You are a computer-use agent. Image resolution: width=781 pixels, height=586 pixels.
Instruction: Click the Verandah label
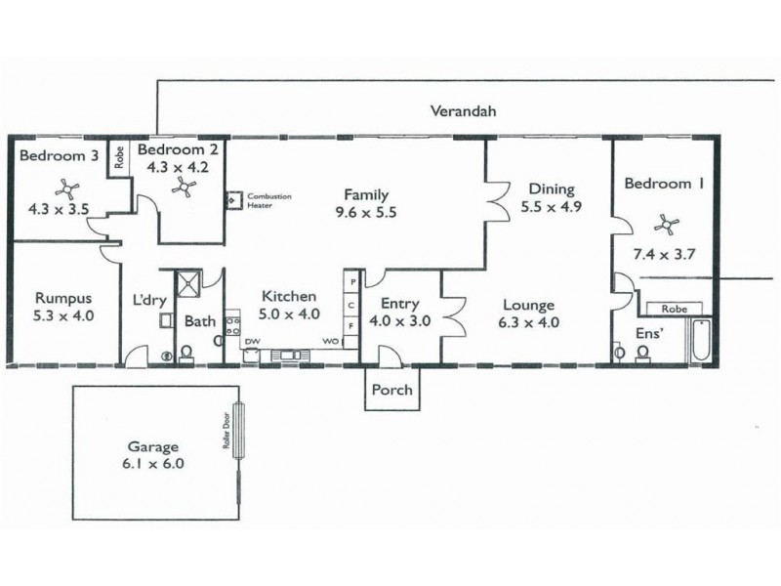(464, 111)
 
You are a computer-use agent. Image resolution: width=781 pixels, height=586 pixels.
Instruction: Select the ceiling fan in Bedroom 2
(182, 189)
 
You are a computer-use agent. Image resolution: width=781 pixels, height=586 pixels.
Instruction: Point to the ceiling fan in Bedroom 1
(669, 225)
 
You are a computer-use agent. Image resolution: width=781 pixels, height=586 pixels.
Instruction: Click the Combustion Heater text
(268, 200)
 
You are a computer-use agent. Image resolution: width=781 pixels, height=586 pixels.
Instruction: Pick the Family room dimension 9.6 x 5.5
(366, 212)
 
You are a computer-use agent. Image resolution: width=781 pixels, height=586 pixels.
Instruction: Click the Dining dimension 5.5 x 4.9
(552, 207)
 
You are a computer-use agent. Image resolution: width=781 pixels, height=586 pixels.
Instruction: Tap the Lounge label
(529, 305)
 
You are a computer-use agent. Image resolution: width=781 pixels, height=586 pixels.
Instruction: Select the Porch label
(393, 391)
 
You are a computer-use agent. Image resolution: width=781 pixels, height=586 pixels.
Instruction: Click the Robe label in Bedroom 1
(674, 308)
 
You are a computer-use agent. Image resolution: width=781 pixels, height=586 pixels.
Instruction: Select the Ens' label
(647, 333)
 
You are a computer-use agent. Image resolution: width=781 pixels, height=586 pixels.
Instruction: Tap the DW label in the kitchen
(251, 342)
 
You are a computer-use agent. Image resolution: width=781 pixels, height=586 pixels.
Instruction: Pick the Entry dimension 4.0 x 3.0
(399, 321)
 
